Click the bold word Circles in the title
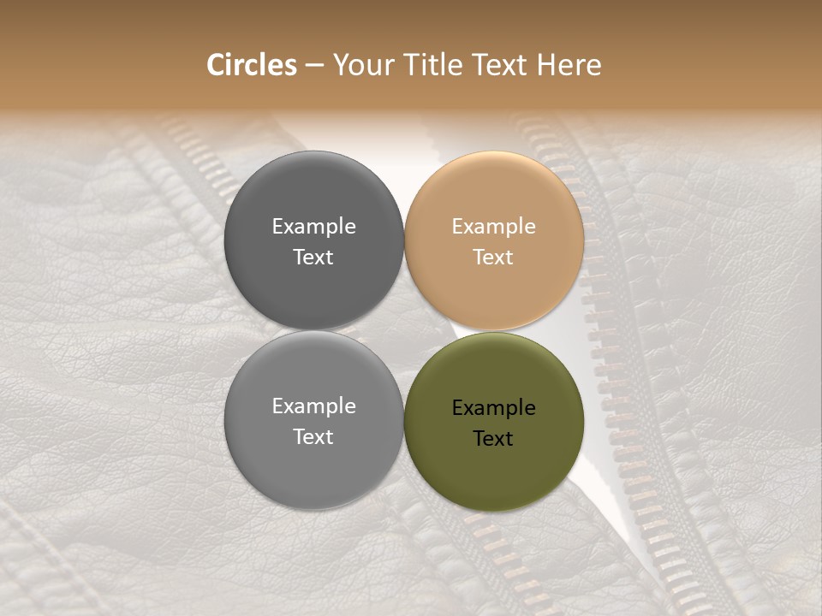[251, 65]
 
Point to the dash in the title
[314, 66]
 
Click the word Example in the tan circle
[493, 227]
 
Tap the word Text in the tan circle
[493, 258]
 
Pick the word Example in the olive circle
[493, 408]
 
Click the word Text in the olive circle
[493, 439]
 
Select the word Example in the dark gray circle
[313, 227]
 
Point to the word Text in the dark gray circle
[313, 258]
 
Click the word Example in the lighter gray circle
[313, 406]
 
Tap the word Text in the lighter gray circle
[313, 437]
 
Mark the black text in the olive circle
[493, 423]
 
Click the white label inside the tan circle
[493, 242]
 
